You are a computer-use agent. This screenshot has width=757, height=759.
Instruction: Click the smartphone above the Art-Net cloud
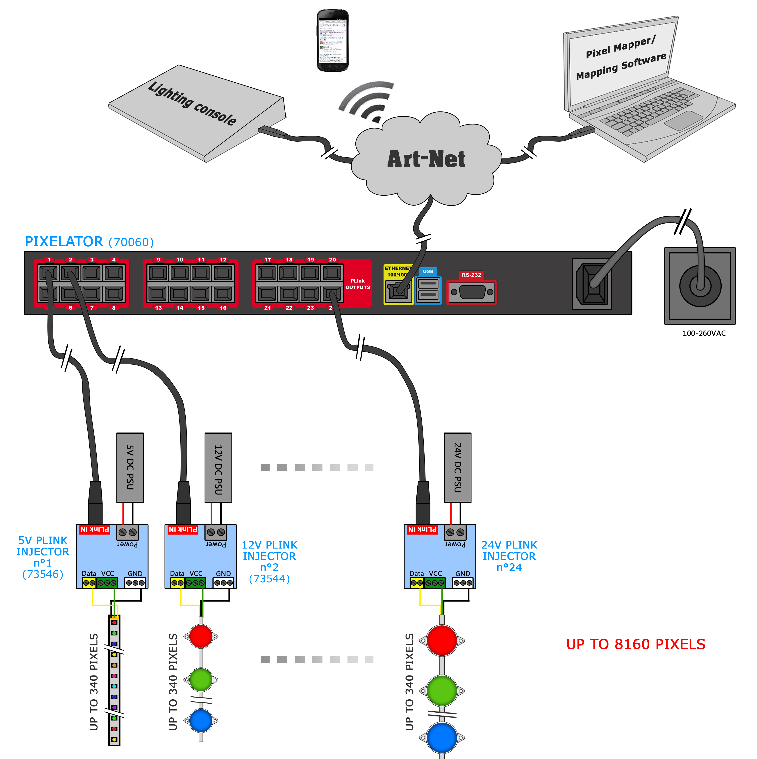click(x=332, y=41)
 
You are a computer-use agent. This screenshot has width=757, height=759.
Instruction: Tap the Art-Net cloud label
click(x=426, y=159)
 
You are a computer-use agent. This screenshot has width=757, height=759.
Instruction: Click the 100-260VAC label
click(x=704, y=333)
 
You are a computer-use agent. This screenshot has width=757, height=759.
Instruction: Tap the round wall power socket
click(x=700, y=285)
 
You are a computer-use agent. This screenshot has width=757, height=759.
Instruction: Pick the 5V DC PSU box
click(x=130, y=467)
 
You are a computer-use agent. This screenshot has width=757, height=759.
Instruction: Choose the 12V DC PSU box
click(x=218, y=467)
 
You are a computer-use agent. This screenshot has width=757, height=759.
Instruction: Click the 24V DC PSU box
click(x=457, y=467)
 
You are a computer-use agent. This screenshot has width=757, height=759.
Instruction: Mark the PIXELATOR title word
click(x=64, y=242)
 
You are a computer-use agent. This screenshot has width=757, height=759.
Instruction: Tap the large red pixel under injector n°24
click(x=442, y=641)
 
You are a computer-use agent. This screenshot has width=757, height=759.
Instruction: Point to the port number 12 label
click(x=223, y=260)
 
